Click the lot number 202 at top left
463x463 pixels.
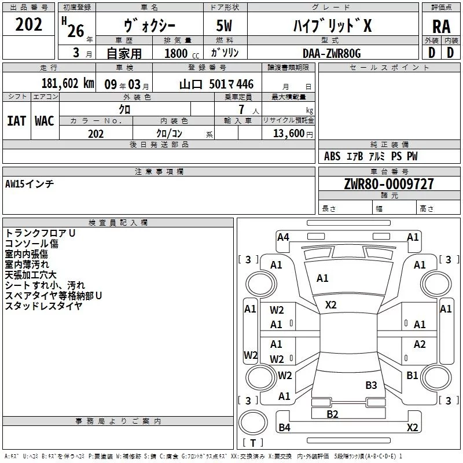coord(29,24)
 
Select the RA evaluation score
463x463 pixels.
coord(441,27)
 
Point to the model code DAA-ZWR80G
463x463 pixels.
coord(332,53)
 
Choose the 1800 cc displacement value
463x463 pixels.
coord(177,53)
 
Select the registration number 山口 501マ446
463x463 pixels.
coord(216,83)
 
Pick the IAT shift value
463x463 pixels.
coord(17,121)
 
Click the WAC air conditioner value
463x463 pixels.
coord(44,121)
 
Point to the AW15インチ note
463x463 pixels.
coord(30,184)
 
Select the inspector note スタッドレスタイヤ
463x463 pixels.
coord(43,306)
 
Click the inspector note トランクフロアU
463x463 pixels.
coord(40,233)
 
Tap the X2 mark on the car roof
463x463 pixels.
coord(330,305)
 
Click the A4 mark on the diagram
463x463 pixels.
coord(283,237)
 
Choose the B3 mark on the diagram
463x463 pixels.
coord(371,385)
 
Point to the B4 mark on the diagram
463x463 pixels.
coord(284,428)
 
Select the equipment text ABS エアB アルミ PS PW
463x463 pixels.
coord(370,156)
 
